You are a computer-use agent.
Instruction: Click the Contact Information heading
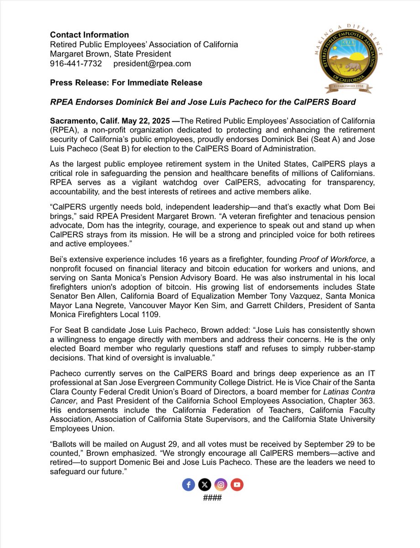[x=89, y=35]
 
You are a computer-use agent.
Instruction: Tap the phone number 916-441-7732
[x=76, y=63]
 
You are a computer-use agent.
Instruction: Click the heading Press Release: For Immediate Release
[x=126, y=83]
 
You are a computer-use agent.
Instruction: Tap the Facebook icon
[x=188, y=485]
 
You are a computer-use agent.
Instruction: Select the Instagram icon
[x=220, y=485]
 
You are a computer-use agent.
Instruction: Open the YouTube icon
[x=236, y=485]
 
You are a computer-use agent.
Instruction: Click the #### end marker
[x=212, y=497]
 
